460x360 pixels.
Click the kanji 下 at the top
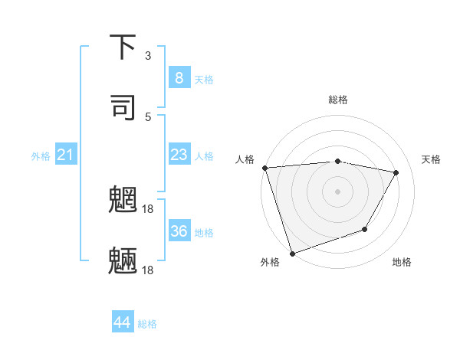123,47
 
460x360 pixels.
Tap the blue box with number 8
179,78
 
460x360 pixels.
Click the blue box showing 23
179,155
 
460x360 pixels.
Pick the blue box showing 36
179,231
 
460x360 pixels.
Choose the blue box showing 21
66,155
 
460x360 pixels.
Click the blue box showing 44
123,322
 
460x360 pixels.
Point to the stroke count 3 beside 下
148,56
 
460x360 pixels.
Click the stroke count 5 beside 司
148,116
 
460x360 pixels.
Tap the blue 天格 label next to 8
204,79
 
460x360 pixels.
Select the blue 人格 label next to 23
204,155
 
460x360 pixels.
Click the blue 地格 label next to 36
204,232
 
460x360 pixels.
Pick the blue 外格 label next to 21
41,156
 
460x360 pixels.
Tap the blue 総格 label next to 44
147,324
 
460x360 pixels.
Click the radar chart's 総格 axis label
338,100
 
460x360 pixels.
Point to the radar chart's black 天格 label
431,159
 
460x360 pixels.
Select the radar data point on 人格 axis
264,168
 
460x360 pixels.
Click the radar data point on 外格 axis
292,253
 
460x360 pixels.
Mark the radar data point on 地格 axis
365,229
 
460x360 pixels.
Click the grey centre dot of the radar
337,191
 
